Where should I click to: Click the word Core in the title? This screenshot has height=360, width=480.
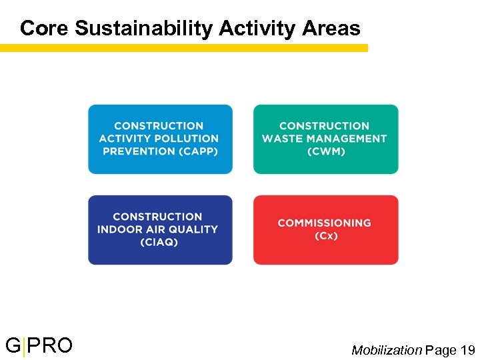click(45, 28)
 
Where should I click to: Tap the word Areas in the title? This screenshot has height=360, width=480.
click(331, 28)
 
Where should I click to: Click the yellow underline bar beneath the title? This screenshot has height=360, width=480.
click(183, 48)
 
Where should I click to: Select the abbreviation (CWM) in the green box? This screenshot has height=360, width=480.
click(325, 151)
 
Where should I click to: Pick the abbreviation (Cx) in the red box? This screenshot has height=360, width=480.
click(326, 236)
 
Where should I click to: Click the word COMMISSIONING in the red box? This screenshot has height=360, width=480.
click(325, 223)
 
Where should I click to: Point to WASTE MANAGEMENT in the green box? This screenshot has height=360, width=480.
click(325, 139)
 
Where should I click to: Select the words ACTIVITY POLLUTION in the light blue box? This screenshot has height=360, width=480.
click(159, 139)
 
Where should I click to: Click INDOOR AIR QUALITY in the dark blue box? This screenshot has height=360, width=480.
click(157, 229)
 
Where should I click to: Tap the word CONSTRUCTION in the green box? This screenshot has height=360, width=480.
click(325, 126)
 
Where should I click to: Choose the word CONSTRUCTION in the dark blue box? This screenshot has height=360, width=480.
click(158, 217)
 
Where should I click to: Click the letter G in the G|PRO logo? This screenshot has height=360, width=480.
click(13, 346)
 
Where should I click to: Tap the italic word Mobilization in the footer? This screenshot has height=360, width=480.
click(387, 350)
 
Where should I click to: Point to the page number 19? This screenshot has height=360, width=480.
click(467, 350)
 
